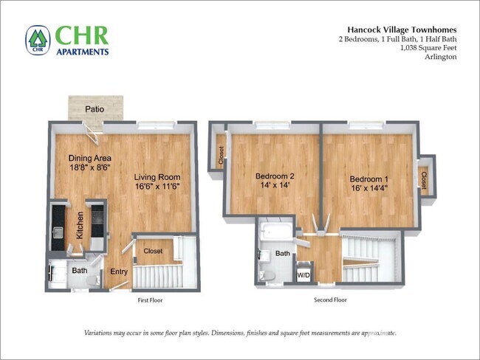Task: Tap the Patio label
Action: (x=94, y=109)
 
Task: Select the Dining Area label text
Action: (x=90, y=158)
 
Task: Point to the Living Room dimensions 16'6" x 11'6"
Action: (x=157, y=187)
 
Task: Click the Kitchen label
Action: (x=79, y=224)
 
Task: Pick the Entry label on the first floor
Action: (x=119, y=272)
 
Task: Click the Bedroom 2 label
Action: (x=275, y=176)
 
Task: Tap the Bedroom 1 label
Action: (x=369, y=179)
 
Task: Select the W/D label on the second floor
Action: (x=304, y=275)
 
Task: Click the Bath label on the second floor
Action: (x=283, y=253)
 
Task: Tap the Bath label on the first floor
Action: (x=80, y=271)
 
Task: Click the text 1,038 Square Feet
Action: (x=428, y=48)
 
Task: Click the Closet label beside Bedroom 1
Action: (x=423, y=179)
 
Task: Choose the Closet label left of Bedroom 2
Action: (x=221, y=155)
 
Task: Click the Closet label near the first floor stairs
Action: (x=153, y=252)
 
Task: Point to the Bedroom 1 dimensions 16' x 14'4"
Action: (x=369, y=190)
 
